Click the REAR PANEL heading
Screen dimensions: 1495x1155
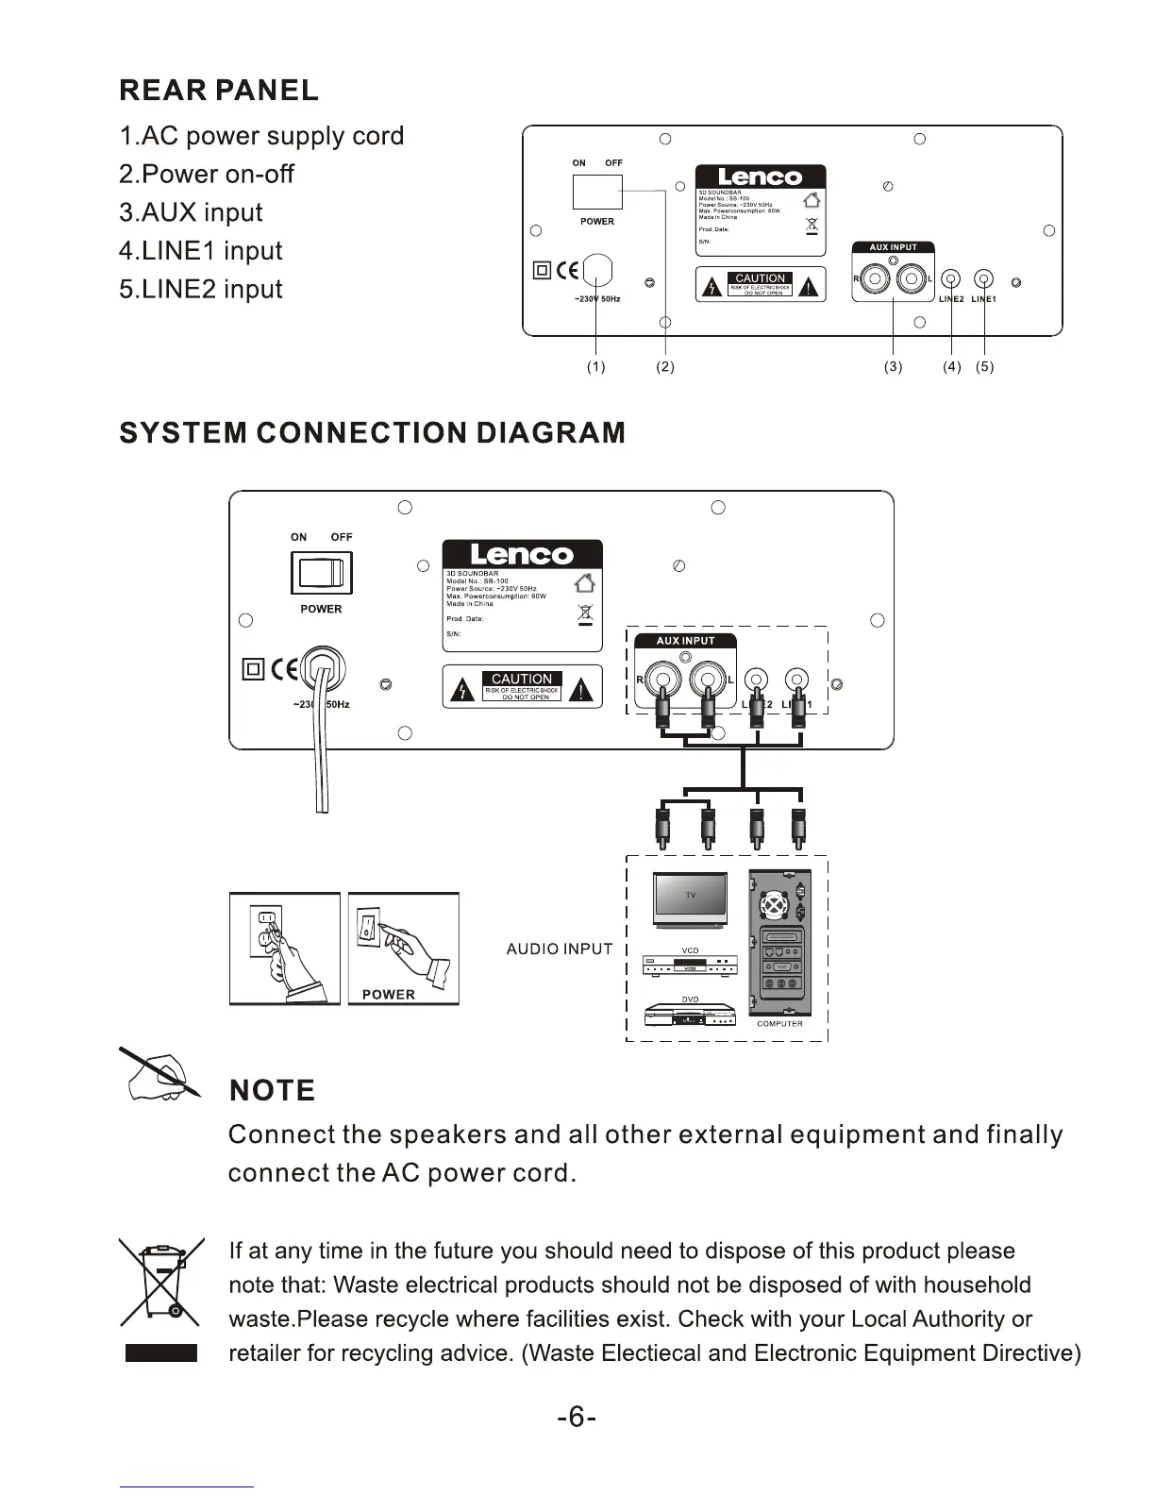coord(219,91)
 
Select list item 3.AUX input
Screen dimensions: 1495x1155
coord(191,212)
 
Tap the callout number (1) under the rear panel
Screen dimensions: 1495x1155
coord(595,367)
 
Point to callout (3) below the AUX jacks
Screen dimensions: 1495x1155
coord(893,367)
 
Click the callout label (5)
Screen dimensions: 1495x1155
coord(985,367)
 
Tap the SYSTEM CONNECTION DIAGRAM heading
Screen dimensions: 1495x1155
coord(373,433)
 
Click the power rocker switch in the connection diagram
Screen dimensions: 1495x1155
coord(322,573)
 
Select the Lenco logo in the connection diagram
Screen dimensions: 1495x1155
coord(522,554)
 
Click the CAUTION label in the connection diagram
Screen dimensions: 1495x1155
coord(522,679)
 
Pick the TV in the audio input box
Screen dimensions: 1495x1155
coord(690,899)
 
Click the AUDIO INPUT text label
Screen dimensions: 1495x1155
coord(560,949)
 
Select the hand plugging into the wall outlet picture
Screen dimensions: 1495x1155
coord(284,949)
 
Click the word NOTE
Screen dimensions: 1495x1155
coord(273,1091)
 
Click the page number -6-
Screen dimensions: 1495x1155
coord(577,1418)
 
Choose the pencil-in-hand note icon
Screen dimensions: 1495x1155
coord(159,1075)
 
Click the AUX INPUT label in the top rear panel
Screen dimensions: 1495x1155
coord(893,247)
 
